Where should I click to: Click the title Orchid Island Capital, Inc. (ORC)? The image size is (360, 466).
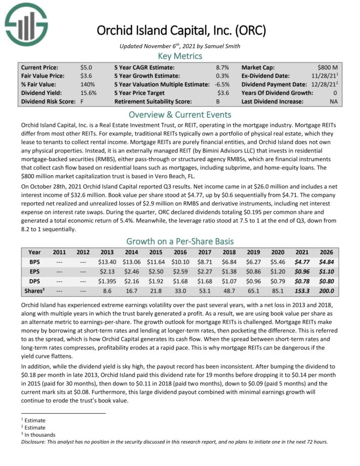(182, 30)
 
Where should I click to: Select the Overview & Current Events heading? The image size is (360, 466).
(179, 114)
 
